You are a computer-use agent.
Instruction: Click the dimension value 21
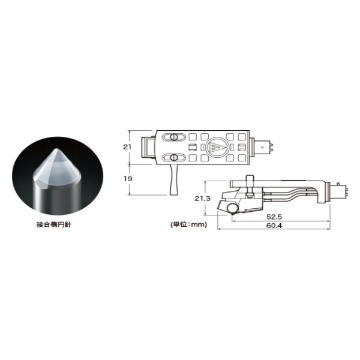[127, 147]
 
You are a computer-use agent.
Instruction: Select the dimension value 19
[128, 179]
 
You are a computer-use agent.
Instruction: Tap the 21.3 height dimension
[203, 199]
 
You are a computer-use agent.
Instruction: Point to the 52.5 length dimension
[274, 217]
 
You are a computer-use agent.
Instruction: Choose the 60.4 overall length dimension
[274, 226]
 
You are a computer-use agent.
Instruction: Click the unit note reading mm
[188, 224]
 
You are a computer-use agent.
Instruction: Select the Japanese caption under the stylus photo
[54, 224]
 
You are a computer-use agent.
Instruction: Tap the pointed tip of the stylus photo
[56, 149]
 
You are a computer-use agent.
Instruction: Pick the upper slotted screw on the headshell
[174, 137]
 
